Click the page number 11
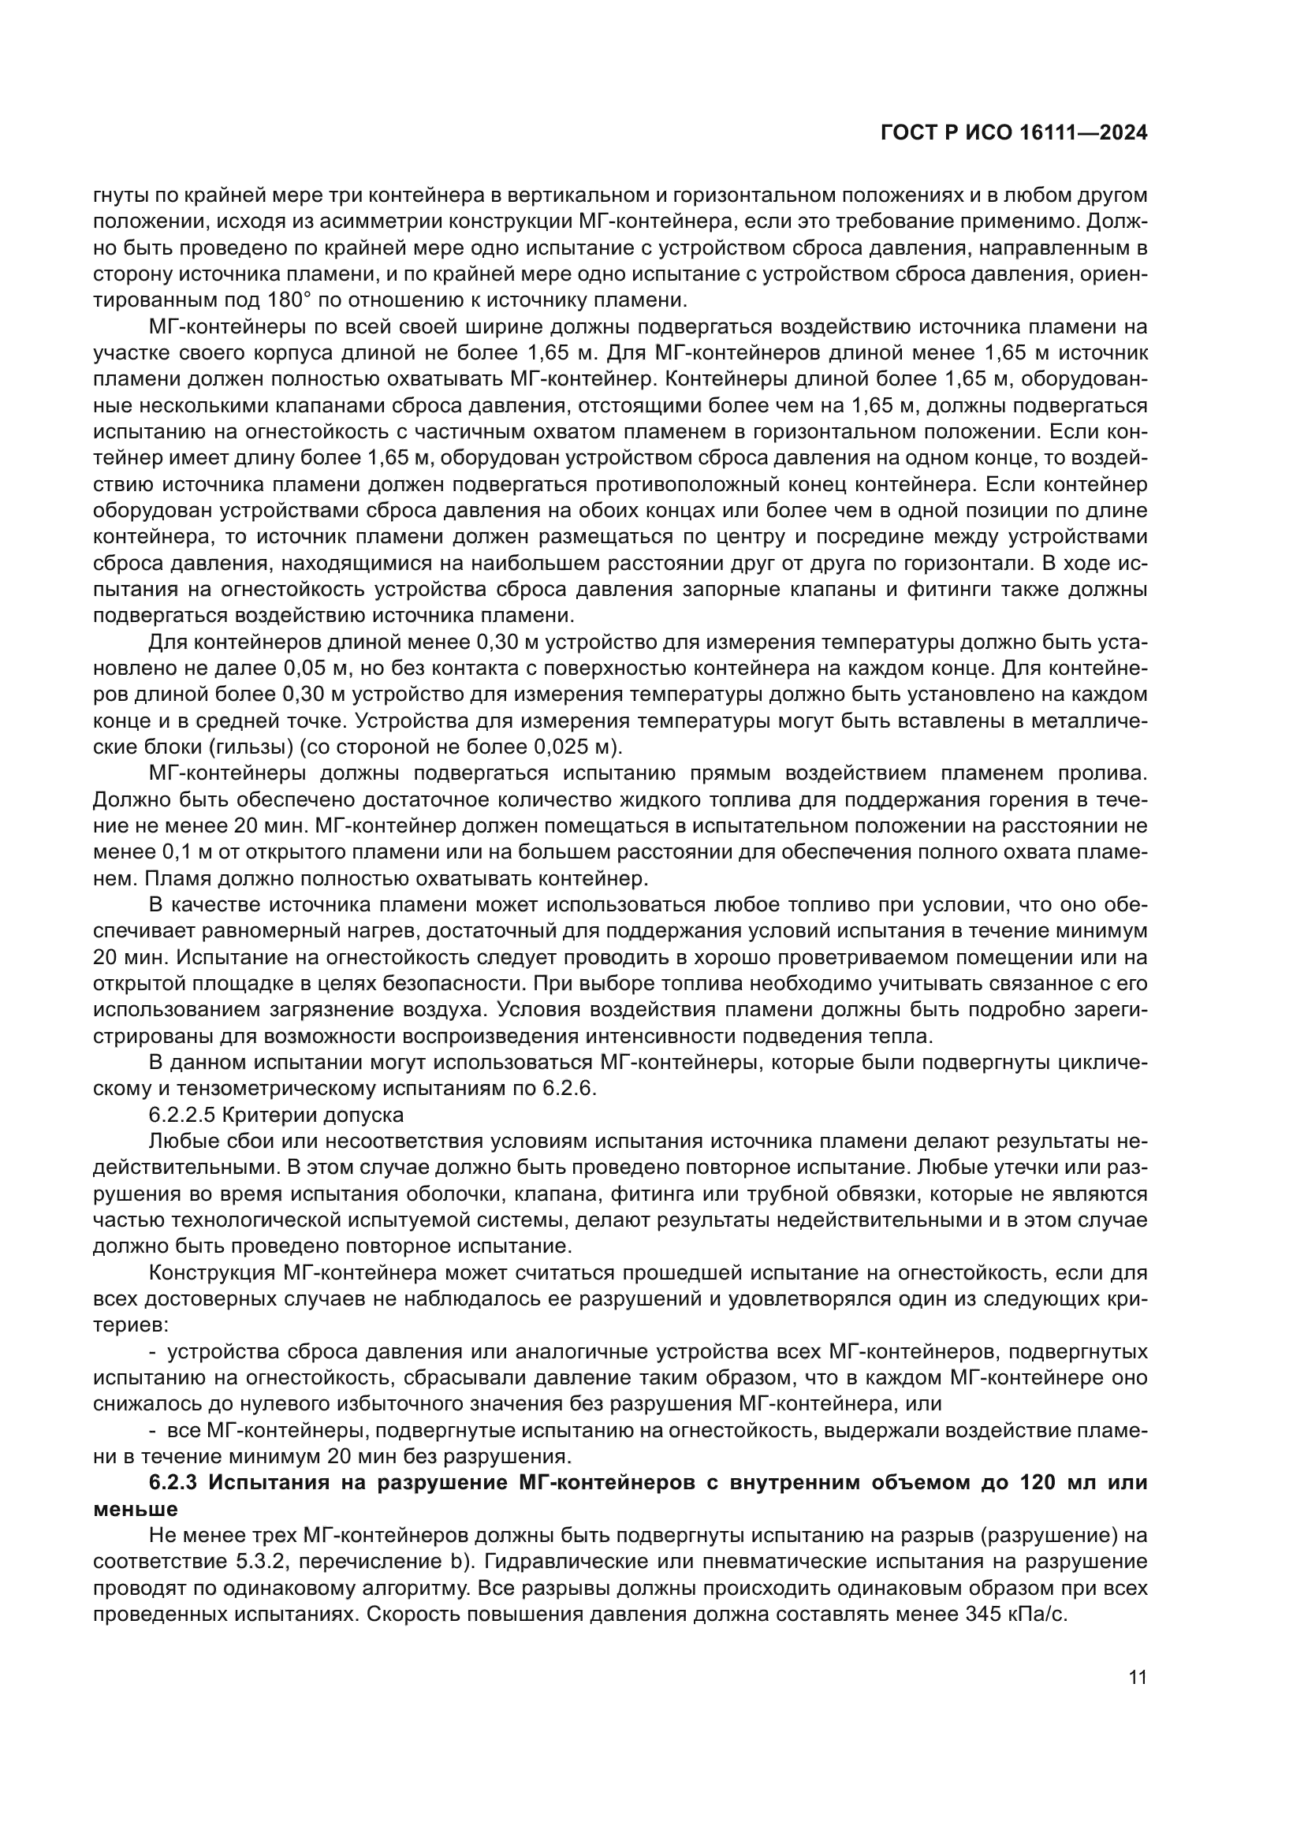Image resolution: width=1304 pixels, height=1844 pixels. point(1137,1678)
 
